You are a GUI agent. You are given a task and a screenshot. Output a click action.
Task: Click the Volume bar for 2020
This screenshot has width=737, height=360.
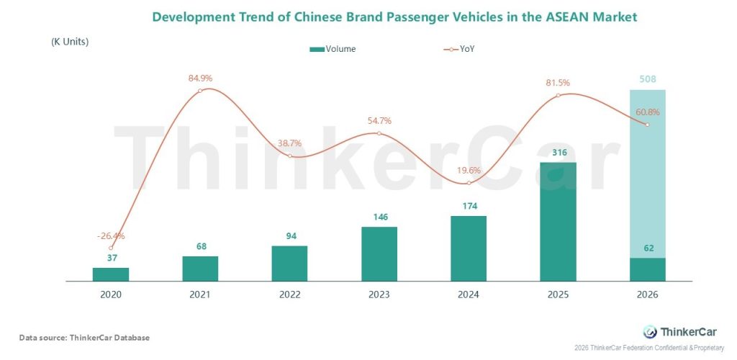(x=111, y=274)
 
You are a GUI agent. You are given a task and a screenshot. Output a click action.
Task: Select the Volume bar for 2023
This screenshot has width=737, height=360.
(x=379, y=253)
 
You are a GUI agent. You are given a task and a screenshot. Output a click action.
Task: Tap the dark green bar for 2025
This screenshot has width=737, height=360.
(x=558, y=221)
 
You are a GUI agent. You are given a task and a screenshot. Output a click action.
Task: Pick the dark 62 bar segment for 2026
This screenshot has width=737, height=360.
(x=647, y=269)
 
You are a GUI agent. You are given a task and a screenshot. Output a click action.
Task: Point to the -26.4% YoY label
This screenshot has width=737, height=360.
(x=112, y=235)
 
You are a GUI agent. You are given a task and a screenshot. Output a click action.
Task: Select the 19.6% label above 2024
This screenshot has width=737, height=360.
(x=469, y=171)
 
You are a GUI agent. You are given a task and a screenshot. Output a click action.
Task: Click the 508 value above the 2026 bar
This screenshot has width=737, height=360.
(x=647, y=80)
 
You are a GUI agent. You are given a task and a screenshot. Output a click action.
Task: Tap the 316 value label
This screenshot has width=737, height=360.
(x=558, y=152)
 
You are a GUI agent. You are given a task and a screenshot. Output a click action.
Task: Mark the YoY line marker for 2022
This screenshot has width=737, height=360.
(x=289, y=156)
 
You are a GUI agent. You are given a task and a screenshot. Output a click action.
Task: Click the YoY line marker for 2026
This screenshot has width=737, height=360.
(x=647, y=125)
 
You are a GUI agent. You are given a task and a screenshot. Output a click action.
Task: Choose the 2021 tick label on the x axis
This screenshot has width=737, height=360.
(x=200, y=294)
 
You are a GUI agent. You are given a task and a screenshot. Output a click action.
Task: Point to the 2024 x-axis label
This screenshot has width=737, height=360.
(x=469, y=294)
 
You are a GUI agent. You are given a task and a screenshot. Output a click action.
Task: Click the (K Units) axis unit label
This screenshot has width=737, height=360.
(x=70, y=42)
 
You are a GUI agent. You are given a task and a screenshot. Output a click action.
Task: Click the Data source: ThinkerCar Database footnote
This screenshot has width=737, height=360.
(x=84, y=337)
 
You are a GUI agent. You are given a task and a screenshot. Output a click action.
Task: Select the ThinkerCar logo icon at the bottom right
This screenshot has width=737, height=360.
(x=650, y=331)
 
